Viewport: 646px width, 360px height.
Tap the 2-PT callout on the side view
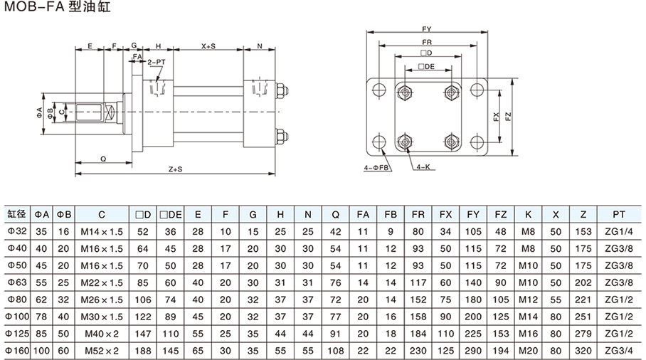tap(157, 62)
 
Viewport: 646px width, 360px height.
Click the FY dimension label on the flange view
tap(427, 29)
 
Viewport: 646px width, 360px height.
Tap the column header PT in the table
tap(618, 213)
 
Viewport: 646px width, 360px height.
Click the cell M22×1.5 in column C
tap(102, 281)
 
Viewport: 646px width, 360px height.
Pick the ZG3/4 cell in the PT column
tap(618, 351)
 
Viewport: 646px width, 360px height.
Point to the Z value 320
tap(583, 351)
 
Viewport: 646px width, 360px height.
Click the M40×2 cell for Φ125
tap(102, 333)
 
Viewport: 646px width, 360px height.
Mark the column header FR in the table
tap(418, 213)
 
